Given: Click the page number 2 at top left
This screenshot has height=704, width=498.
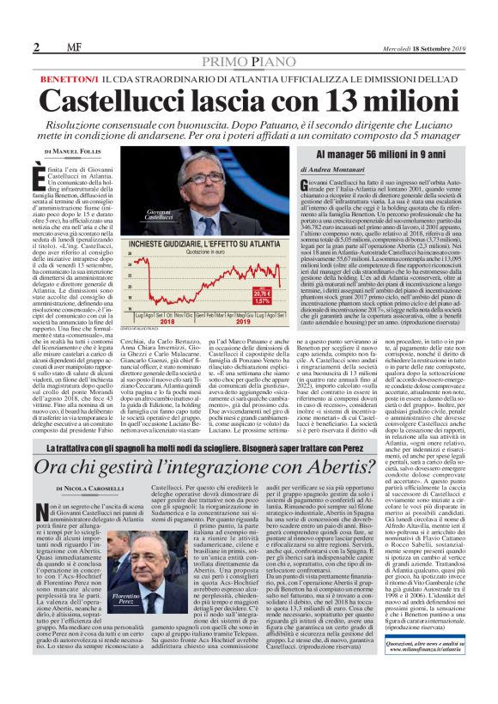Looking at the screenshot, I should point(35,46).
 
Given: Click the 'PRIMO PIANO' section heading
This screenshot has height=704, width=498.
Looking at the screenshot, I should point(248,64).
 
